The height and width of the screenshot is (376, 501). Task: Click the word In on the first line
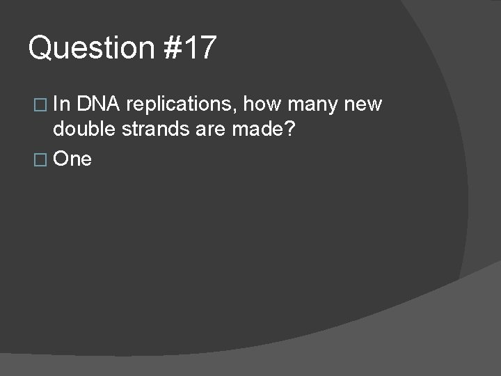61,104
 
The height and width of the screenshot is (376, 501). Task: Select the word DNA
100,104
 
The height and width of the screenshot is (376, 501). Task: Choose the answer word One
72,159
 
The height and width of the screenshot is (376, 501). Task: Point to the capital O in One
61,159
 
